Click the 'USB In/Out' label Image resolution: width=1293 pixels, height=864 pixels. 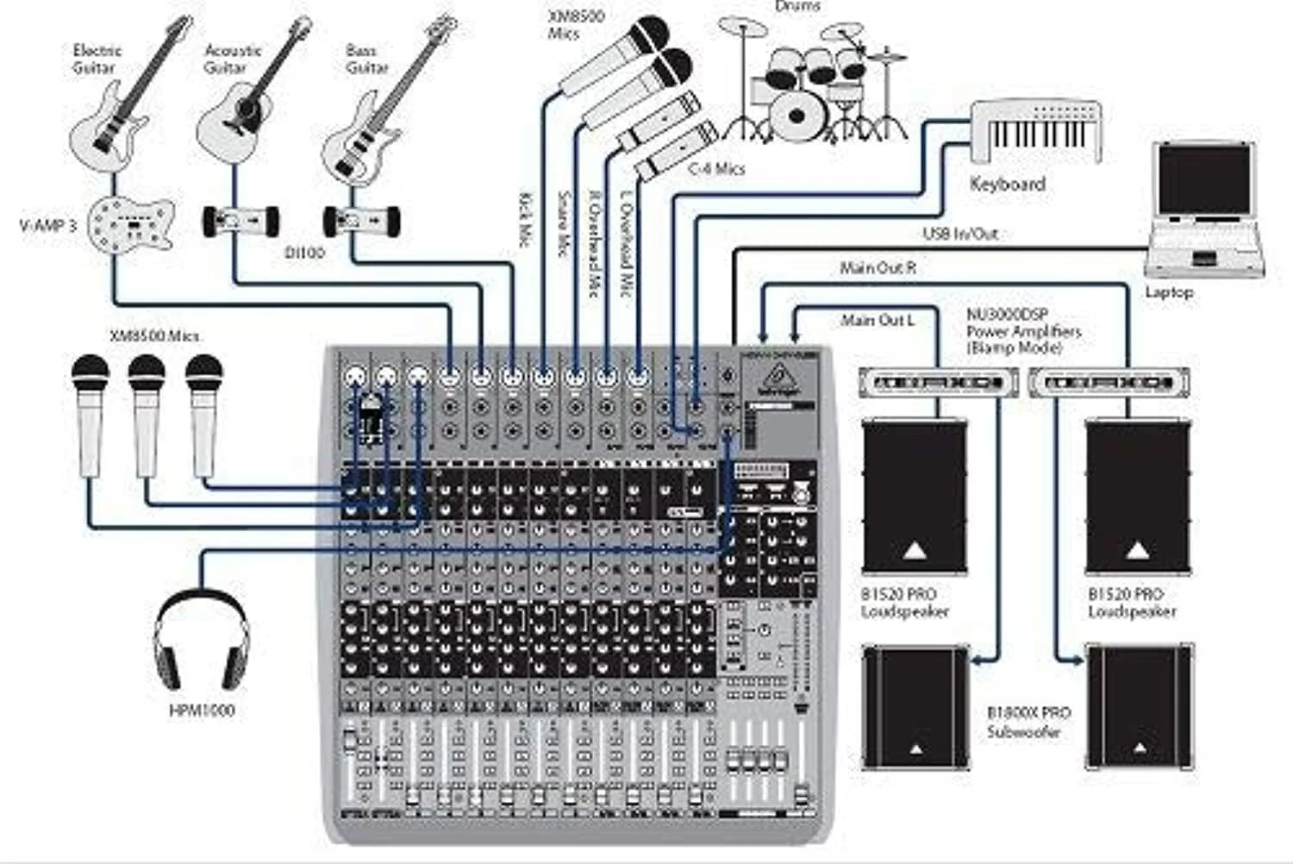[960, 234]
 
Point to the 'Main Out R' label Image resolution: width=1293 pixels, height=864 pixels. [878, 269]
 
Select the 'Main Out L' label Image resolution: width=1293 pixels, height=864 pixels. [878, 321]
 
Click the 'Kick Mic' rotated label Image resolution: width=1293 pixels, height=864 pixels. [524, 221]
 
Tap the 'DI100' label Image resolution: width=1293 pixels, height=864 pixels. [304, 253]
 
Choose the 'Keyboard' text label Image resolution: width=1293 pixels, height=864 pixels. [1007, 184]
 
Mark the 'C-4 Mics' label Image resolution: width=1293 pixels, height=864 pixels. [715, 169]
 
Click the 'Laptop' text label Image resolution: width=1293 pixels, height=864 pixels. [1169, 292]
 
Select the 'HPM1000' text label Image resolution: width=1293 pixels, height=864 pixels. [201, 711]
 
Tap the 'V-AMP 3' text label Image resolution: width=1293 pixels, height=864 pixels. [47, 226]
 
